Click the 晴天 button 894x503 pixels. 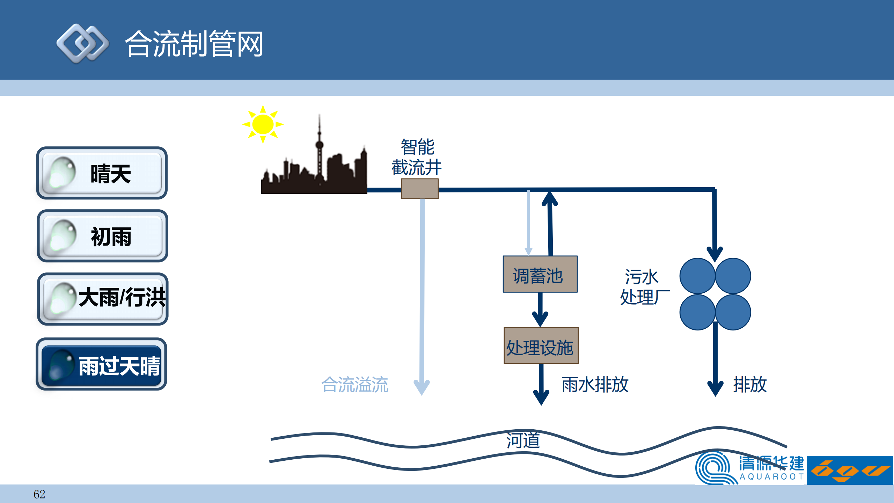click(x=102, y=173)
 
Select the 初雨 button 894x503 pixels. click(x=103, y=236)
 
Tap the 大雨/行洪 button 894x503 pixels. click(x=103, y=299)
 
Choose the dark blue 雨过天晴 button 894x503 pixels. click(x=101, y=364)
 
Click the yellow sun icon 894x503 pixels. click(x=263, y=124)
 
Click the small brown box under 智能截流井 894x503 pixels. click(x=419, y=189)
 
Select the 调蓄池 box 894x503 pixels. click(x=540, y=275)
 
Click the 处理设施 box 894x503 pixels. click(x=541, y=346)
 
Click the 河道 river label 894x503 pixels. click(x=523, y=440)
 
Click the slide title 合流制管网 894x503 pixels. click(x=194, y=44)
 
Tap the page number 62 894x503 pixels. click(x=39, y=494)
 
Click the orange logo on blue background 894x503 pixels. click(x=850, y=470)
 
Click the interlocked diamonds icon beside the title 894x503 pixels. click(x=83, y=44)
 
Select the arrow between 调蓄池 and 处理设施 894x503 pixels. click(x=540, y=309)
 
